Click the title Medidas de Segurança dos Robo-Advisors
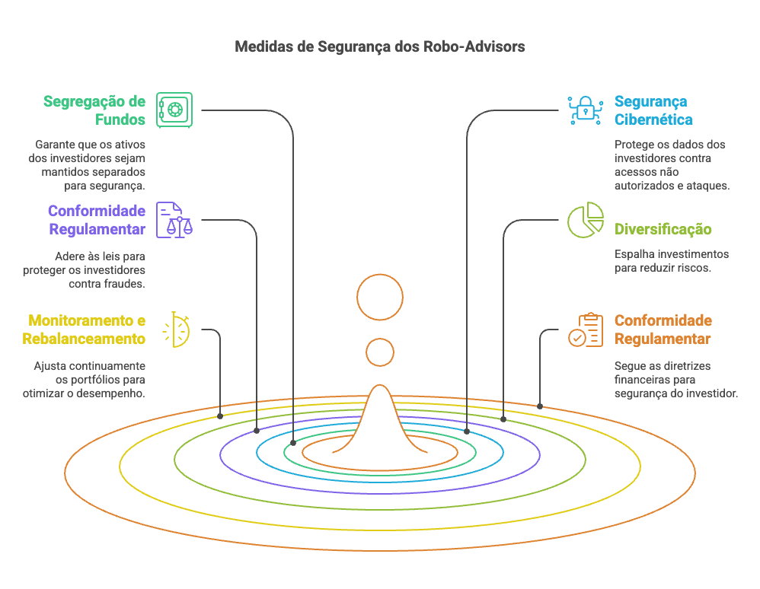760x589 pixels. pyautogui.click(x=380, y=46)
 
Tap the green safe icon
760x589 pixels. pyautogui.click(x=174, y=110)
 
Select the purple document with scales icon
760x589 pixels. pyautogui.click(x=174, y=220)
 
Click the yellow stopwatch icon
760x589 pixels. pyautogui.click(x=177, y=330)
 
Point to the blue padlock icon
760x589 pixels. pyautogui.click(x=585, y=110)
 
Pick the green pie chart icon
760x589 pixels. pyautogui.click(x=585, y=220)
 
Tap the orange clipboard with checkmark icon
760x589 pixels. pyautogui.click(x=585, y=330)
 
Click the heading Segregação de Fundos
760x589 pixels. pyautogui.click(x=94, y=110)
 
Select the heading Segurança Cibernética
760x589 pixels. pyautogui.click(x=653, y=110)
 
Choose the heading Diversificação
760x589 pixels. pyautogui.click(x=663, y=229)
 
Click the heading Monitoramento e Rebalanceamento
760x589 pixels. pyautogui.click(x=84, y=330)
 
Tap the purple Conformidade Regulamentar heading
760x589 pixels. pyautogui.click(x=97, y=220)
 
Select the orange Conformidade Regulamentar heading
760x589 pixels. pyautogui.click(x=663, y=330)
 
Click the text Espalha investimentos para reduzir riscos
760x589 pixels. pyautogui.click(x=671, y=261)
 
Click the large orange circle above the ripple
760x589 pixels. pyautogui.click(x=380, y=296)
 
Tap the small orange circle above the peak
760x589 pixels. pyautogui.click(x=380, y=352)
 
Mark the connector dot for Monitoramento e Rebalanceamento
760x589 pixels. pyautogui.click(x=220, y=416)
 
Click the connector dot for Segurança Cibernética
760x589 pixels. pyautogui.click(x=467, y=431)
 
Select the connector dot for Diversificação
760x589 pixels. pyautogui.click(x=503, y=419)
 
